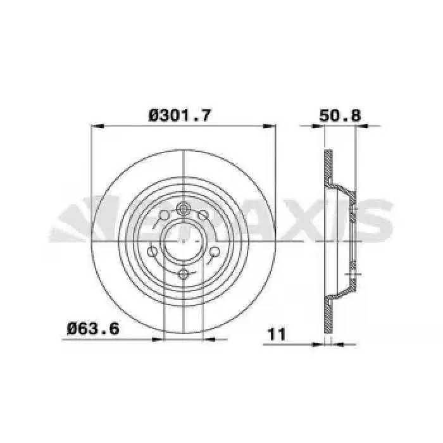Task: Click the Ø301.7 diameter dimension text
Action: [x=180, y=116]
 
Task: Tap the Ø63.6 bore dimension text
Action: [x=93, y=329]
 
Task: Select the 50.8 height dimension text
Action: [x=340, y=115]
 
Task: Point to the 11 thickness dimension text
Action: [x=277, y=335]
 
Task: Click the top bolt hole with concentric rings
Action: [x=184, y=209]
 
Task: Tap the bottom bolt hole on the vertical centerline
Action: [x=184, y=273]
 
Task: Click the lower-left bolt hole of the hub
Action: [x=153, y=251]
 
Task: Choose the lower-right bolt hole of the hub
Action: [x=215, y=251]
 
